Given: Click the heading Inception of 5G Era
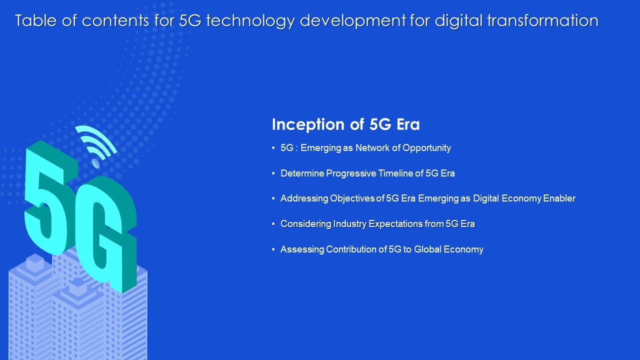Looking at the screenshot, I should coord(345,124).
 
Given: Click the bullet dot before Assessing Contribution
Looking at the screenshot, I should coord(273,249).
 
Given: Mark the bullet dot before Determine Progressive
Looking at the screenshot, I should coord(273,173).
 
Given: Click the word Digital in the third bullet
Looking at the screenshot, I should coord(486,198).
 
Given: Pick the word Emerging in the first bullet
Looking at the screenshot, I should coord(321,148).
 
